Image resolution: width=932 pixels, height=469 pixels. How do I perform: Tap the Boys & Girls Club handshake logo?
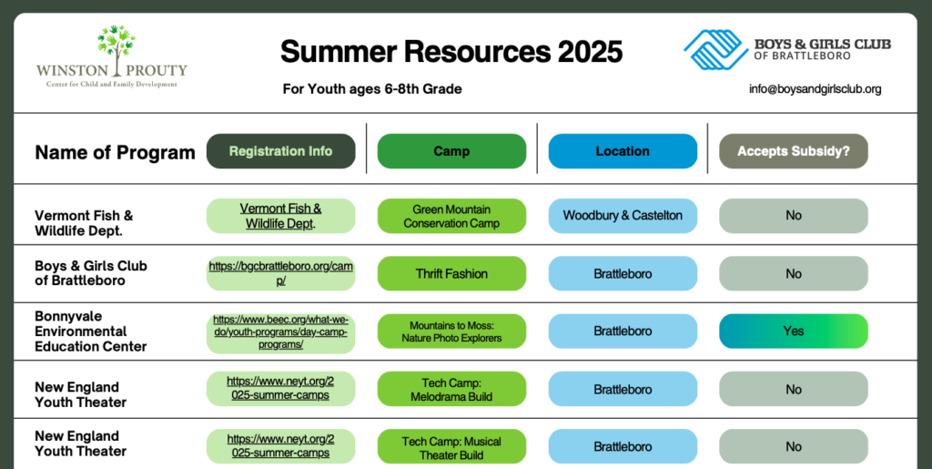(715, 49)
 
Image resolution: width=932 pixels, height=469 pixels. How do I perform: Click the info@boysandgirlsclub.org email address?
(815, 89)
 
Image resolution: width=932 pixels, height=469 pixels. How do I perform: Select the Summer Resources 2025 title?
(451, 51)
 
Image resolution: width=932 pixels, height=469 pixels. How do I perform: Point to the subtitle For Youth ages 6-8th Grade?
(372, 89)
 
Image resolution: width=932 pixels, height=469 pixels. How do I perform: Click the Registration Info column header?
(280, 151)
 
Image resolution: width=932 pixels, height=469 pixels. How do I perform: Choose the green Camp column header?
(451, 151)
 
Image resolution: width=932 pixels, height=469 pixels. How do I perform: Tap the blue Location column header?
(623, 151)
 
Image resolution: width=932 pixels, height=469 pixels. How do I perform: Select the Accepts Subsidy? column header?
(794, 151)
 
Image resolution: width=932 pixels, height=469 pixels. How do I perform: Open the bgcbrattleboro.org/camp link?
(280, 273)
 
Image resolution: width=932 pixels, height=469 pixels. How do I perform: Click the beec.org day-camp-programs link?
(280, 331)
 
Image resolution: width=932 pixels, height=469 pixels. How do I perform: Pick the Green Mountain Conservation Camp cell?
(451, 216)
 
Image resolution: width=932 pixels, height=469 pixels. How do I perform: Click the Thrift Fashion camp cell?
(451, 273)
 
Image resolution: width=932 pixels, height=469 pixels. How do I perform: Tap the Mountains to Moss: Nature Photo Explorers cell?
(451, 331)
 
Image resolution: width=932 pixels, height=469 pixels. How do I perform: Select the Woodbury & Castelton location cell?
(623, 216)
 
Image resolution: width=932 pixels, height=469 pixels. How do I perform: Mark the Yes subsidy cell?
(794, 331)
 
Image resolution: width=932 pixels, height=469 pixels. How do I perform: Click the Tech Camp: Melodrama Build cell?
(451, 390)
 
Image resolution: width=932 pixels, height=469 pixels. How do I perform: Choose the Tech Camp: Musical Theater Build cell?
(451, 447)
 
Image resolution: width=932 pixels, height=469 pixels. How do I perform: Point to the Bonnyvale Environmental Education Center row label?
(90, 331)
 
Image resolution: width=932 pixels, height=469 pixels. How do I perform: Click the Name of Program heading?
(115, 152)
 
